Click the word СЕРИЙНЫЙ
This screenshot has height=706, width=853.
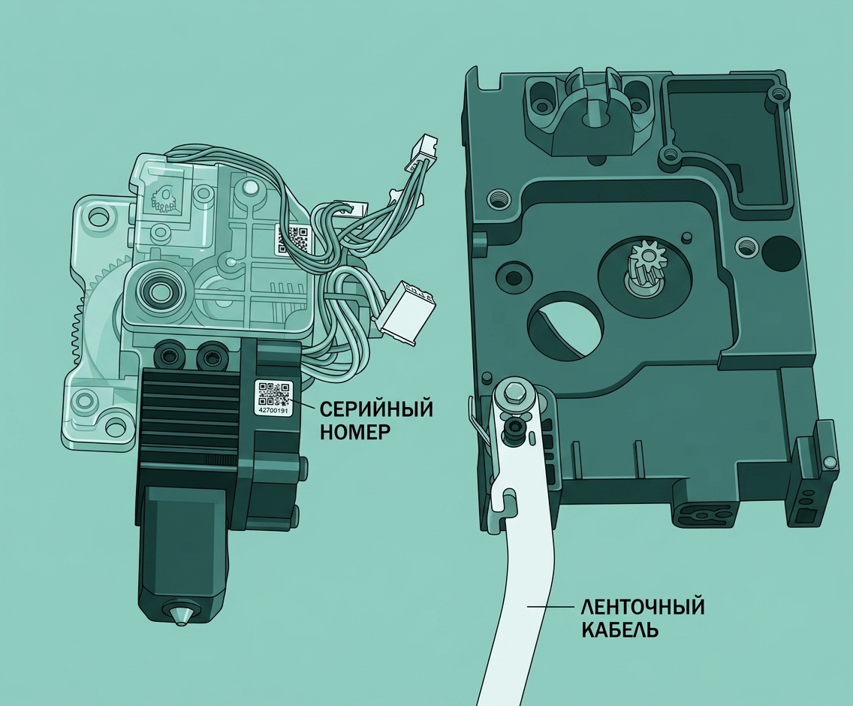click(376, 408)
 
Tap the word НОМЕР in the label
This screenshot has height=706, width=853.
click(355, 432)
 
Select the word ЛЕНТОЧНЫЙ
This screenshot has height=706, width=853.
click(644, 606)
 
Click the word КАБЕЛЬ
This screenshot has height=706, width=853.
click(621, 630)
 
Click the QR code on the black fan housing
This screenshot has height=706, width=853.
click(273, 394)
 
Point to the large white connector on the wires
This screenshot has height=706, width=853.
click(405, 313)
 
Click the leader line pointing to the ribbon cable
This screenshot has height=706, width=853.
click(550, 606)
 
